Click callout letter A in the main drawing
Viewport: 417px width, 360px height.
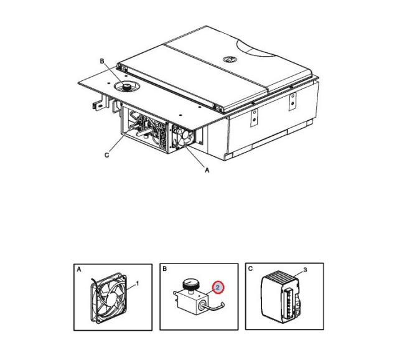tap(207, 170)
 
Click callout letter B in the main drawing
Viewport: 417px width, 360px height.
tap(102, 62)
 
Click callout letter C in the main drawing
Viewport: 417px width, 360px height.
tap(106, 155)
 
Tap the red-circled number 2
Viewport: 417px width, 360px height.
tap(218, 287)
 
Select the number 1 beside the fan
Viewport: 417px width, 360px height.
tap(138, 284)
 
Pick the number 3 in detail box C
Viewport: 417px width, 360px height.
tap(305, 270)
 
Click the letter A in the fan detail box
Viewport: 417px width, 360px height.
tap(78, 270)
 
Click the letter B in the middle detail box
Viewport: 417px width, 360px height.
tap(164, 269)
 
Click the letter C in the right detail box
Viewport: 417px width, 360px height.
tap(250, 268)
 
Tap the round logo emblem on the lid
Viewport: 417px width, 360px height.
tap(228, 59)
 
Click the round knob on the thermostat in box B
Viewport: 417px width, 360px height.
tap(190, 283)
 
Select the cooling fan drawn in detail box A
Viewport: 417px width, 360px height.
tap(109, 298)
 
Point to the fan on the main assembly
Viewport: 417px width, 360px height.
tap(183, 137)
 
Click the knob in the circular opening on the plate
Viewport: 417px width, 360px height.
tap(127, 87)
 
